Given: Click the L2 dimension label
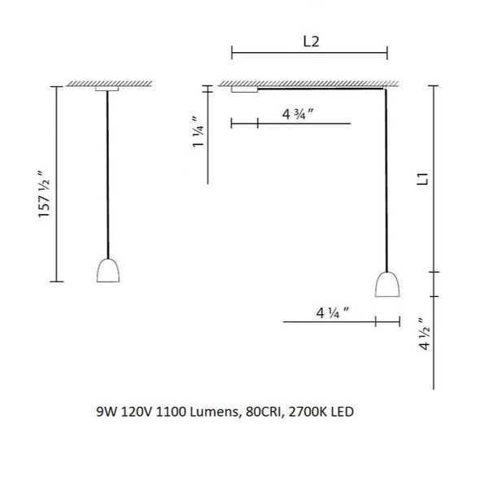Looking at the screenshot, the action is pos(311,41).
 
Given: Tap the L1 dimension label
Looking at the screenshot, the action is pos(423,179).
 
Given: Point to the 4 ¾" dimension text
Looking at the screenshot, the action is pos(298,114).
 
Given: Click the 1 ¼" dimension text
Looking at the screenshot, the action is pos(198,133).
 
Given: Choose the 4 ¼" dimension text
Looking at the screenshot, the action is pos(333,313).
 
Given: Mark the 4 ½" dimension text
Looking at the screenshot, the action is pos(425,334).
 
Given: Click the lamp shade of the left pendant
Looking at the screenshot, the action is pos(108,271).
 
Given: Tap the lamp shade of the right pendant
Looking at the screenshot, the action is pos(387,285).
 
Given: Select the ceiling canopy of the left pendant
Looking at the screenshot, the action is pos(107,89).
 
